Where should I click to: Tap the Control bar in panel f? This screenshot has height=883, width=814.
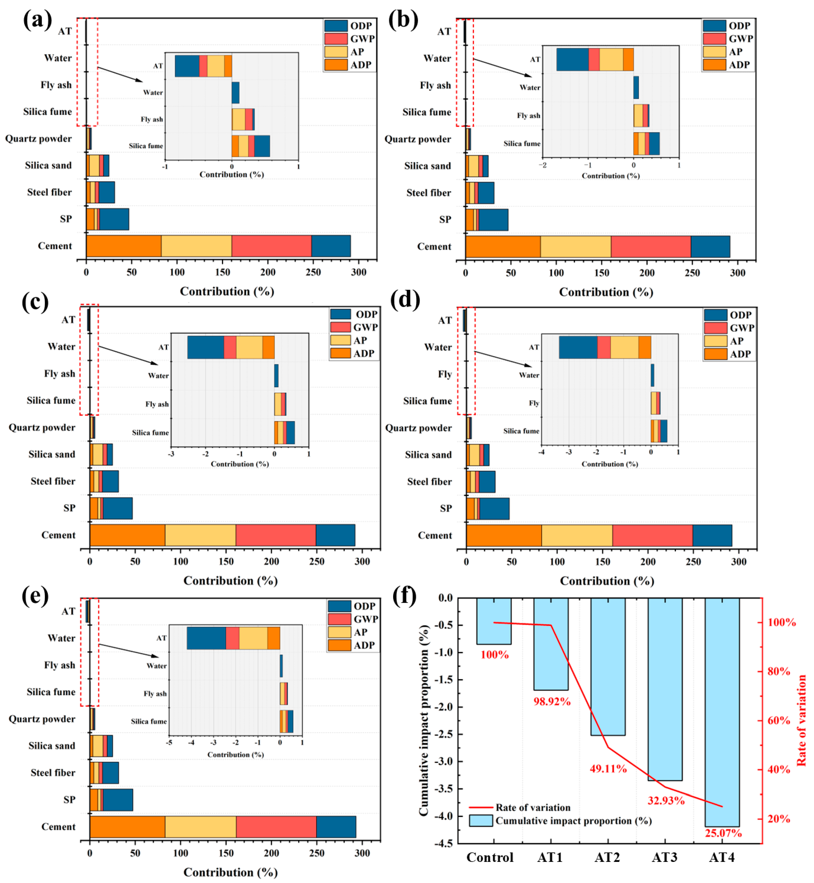click(x=494, y=621)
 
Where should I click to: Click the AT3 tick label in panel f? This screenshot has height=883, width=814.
click(x=664, y=857)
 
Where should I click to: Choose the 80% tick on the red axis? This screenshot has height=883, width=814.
click(x=781, y=671)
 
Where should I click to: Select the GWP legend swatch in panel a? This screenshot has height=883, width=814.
click(x=336, y=39)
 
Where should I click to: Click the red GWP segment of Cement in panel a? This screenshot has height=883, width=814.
click(x=271, y=246)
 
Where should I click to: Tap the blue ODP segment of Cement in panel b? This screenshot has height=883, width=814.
click(x=710, y=247)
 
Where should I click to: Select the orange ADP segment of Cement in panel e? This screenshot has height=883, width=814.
click(x=127, y=827)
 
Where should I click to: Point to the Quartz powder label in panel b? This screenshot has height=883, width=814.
click(x=418, y=139)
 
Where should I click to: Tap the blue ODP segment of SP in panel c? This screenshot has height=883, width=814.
click(x=118, y=508)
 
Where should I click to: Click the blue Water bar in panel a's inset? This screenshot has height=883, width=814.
click(x=236, y=92)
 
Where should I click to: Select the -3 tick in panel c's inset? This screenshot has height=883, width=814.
click(x=171, y=454)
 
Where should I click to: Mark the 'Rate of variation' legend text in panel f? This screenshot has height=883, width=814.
click(x=533, y=807)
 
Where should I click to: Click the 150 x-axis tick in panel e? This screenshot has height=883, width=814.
click(x=226, y=853)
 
